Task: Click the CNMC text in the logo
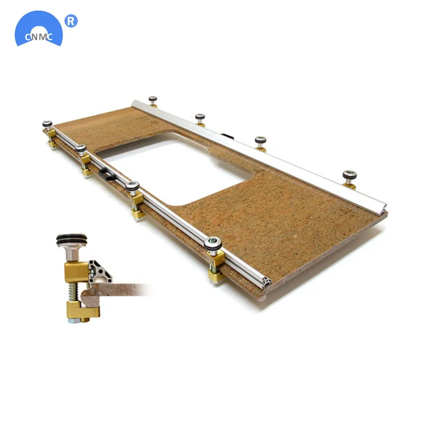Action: [39, 36]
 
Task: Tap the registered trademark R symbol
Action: [71, 21]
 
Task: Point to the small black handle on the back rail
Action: [226, 136]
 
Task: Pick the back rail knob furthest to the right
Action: [350, 176]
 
